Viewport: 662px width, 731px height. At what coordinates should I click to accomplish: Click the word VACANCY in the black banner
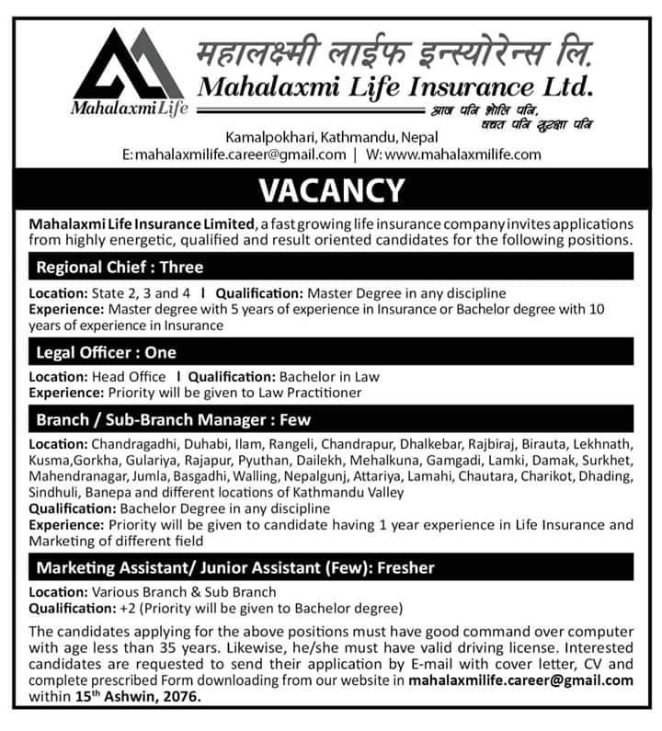point(331,189)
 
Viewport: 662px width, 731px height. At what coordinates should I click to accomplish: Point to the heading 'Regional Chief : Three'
point(120,268)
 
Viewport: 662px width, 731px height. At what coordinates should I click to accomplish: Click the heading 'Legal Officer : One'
point(106,352)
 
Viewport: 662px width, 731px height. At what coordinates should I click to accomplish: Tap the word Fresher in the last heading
point(396,566)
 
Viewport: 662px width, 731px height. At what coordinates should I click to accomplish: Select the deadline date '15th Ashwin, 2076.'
point(138,698)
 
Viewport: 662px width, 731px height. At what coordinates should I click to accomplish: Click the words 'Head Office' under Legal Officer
point(129,376)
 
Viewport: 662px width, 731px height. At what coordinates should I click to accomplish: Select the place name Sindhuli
point(53,492)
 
